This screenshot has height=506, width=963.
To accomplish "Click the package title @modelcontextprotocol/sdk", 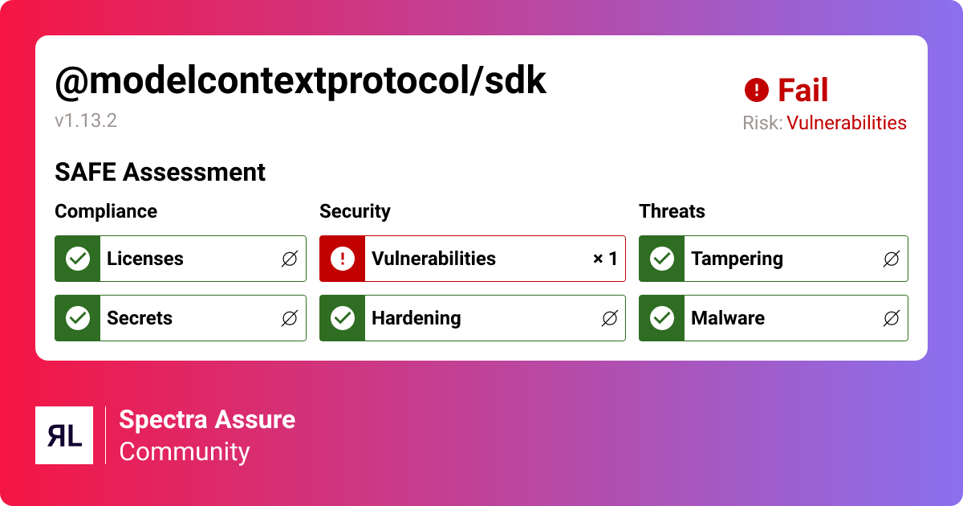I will [x=300, y=81].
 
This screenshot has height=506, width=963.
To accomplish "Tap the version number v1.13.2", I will [x=86, y=121].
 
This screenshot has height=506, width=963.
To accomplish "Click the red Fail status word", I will [x=802, y=91].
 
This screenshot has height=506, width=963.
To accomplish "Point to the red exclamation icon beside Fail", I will [x=756, y=91].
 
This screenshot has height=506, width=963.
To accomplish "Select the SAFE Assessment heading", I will [x=160, y=172].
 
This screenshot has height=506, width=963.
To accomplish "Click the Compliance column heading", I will [x=106, y=211].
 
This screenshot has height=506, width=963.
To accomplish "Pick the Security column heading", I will [x=355, y=211].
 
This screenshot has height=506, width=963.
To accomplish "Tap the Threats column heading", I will [x=672, y=211].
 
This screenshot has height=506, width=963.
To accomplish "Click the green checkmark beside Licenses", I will [x=78, y=259].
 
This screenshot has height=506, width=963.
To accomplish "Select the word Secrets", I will [x=140, y=318].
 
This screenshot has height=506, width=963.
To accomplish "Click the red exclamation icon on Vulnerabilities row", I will [x=343, y=259].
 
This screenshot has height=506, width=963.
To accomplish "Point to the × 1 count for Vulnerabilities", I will [x=605, y=259].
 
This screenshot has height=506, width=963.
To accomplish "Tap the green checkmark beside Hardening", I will [x=343, y=318].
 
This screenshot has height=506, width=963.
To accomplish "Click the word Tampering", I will [x=737, y=259].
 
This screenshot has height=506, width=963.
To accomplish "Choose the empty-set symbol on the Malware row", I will [x=891, y=318].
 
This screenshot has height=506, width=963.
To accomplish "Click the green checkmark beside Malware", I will [x=662, y=318].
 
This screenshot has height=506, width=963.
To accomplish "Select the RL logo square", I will [x=64, y=435].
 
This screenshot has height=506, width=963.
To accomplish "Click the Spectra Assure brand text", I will [x=207, y=419].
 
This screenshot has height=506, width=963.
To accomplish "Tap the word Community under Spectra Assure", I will [x=185, y=451].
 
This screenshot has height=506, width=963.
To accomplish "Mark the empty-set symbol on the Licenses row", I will [x=290, y=259].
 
